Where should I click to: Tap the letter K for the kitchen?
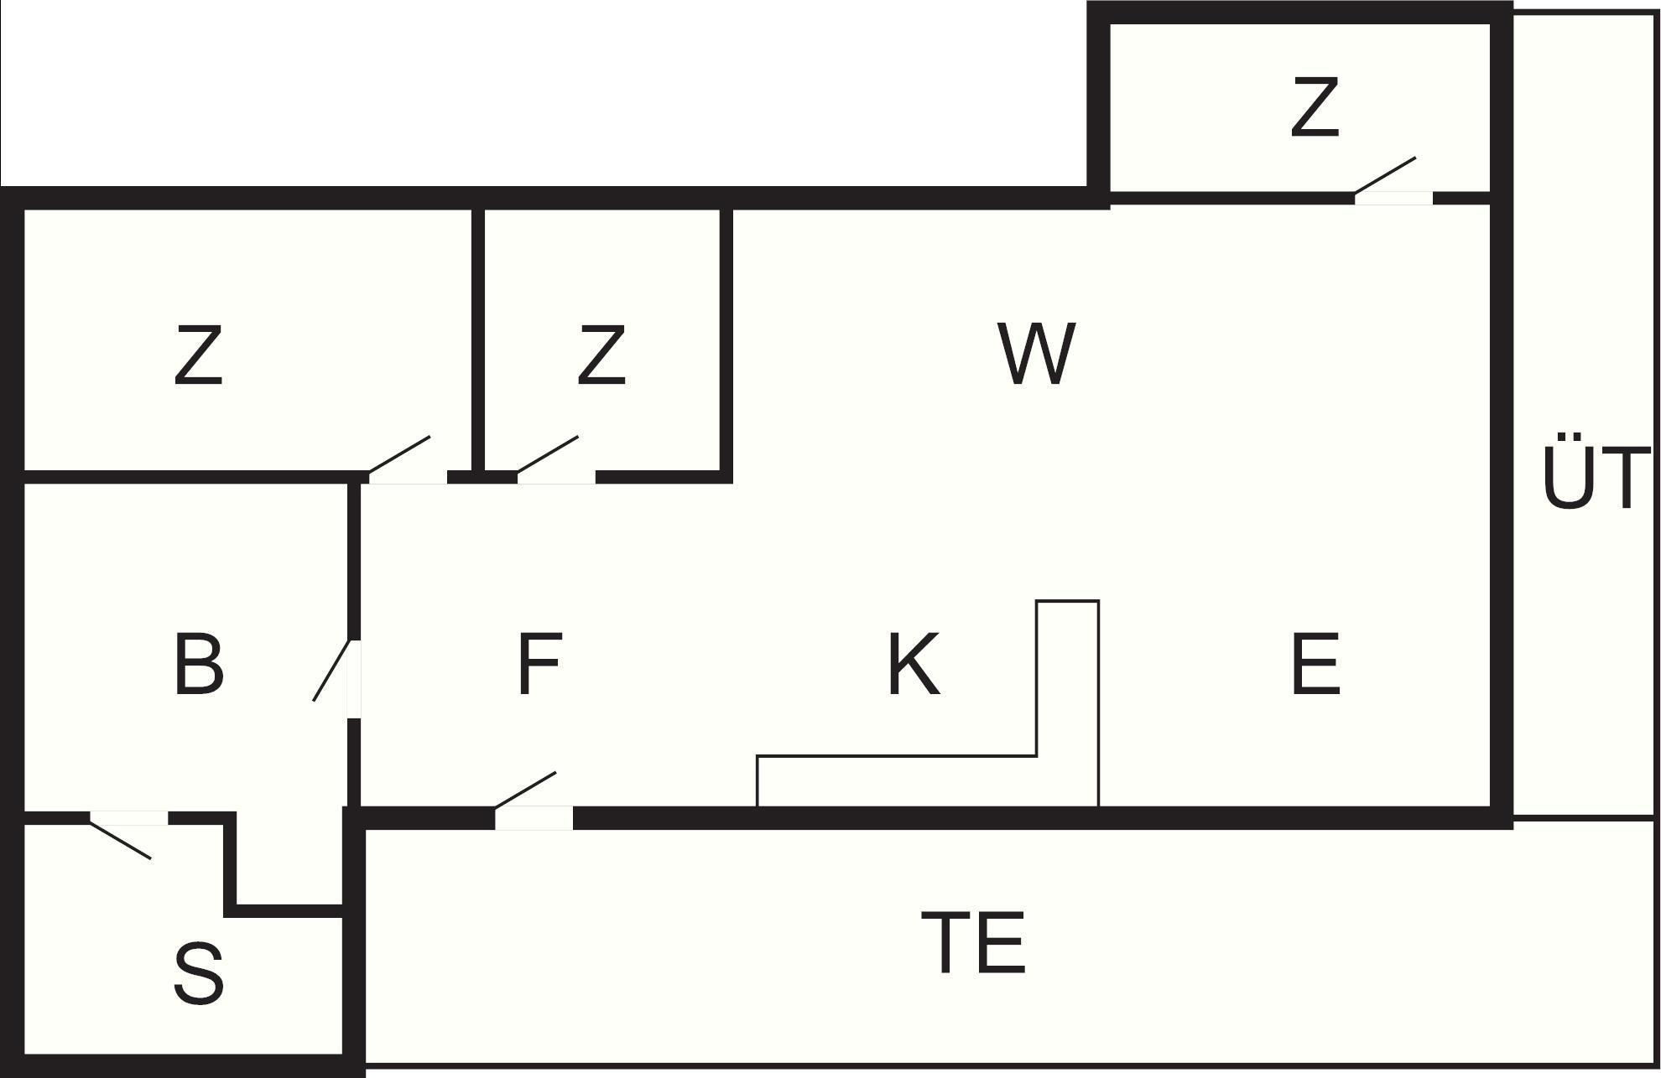pyautogui.click(x=913, y=665)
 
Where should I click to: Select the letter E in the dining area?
pyautogui.click(x=1315, y=665)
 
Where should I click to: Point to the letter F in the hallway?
pyautogui.click(x=538, y=665)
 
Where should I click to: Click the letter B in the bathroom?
pyautogui.click(x=199, y=665)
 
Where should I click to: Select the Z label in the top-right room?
pyautogui.click(x=1315, y=106)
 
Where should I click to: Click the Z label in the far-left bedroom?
pyautogui.click(x=199, y=356)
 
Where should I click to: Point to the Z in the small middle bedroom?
pyautogui.click(x=601, y=356)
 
